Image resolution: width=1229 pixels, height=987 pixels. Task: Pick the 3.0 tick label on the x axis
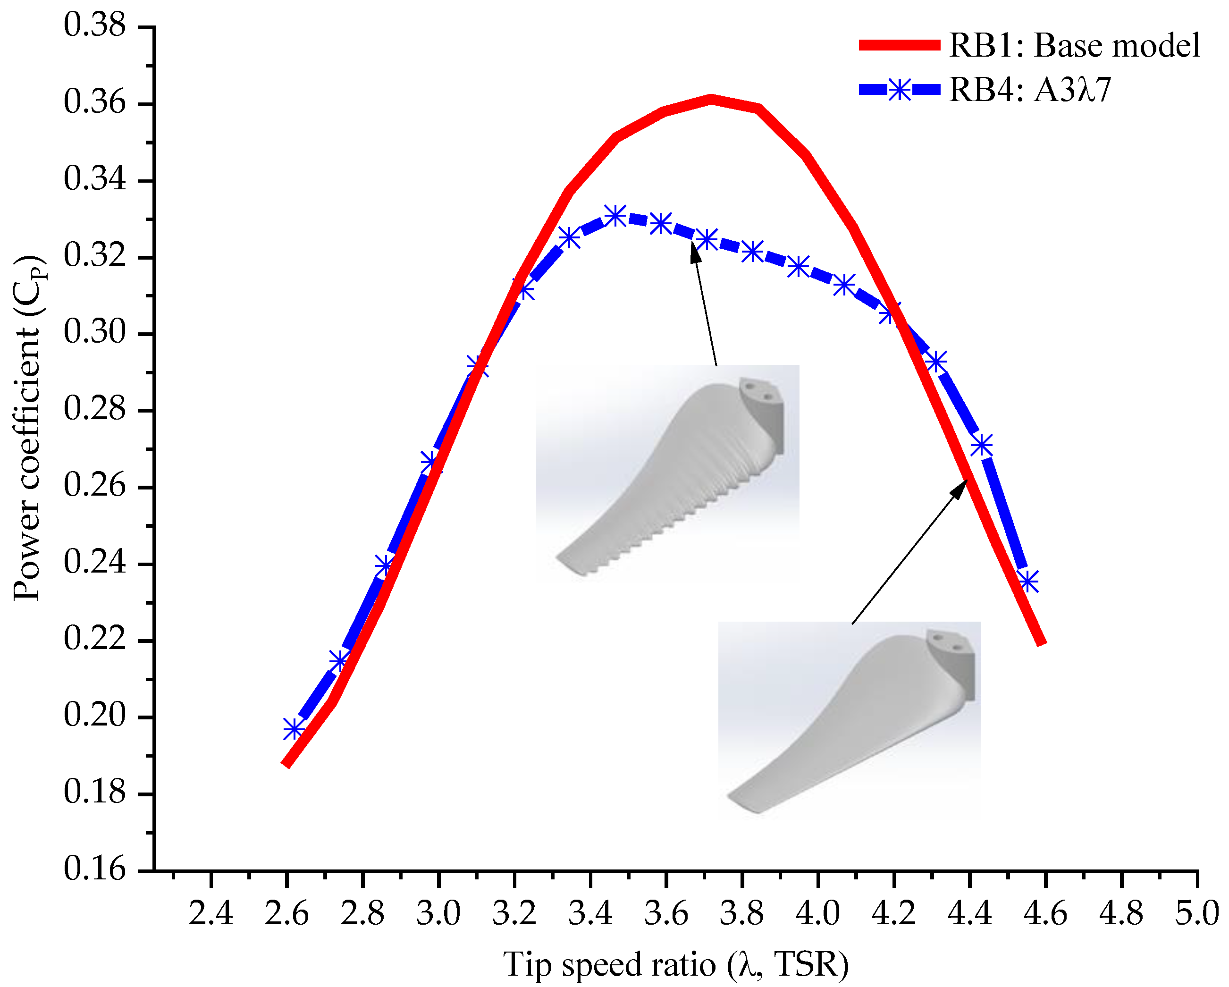point(438,913)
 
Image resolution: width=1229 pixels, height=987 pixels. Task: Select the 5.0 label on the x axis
point(1196,913)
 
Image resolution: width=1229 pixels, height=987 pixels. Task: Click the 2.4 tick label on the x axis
point(211,913)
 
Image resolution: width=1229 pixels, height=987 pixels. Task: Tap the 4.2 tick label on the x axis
point(893,913)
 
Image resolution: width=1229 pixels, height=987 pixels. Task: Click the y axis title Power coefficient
point(27,428)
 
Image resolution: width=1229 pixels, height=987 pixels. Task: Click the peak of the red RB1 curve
point(711,99)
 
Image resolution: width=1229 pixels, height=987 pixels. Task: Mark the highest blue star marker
point(615,216)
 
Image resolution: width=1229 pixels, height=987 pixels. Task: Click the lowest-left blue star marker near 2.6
point(294,729)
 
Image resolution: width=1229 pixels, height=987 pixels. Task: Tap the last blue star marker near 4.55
point(1028,582)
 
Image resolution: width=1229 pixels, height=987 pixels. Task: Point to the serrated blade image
point(667,473)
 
